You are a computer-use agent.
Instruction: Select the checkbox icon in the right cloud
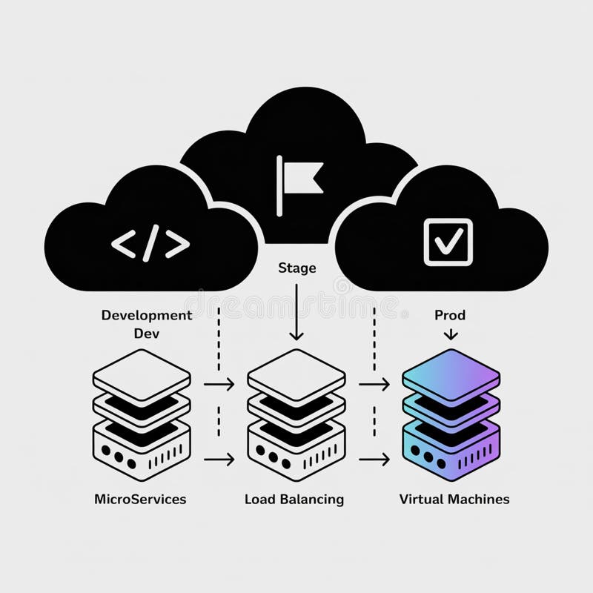(448, 241)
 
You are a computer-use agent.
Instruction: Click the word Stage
(296, 268)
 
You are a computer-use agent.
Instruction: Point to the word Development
(146, 315)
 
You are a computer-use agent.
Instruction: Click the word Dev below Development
(146, 333)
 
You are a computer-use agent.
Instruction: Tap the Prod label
(450, 315)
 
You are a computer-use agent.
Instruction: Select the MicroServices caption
(140, 499)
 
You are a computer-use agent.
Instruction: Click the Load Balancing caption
(294, 499)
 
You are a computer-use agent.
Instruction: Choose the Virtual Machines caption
(454, 499)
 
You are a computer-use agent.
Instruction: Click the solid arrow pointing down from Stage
(296, 311)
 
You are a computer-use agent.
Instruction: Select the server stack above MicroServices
(141, 415)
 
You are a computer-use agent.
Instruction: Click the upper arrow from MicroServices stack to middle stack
(219, 384)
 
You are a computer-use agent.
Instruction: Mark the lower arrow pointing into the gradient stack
(374, 460)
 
